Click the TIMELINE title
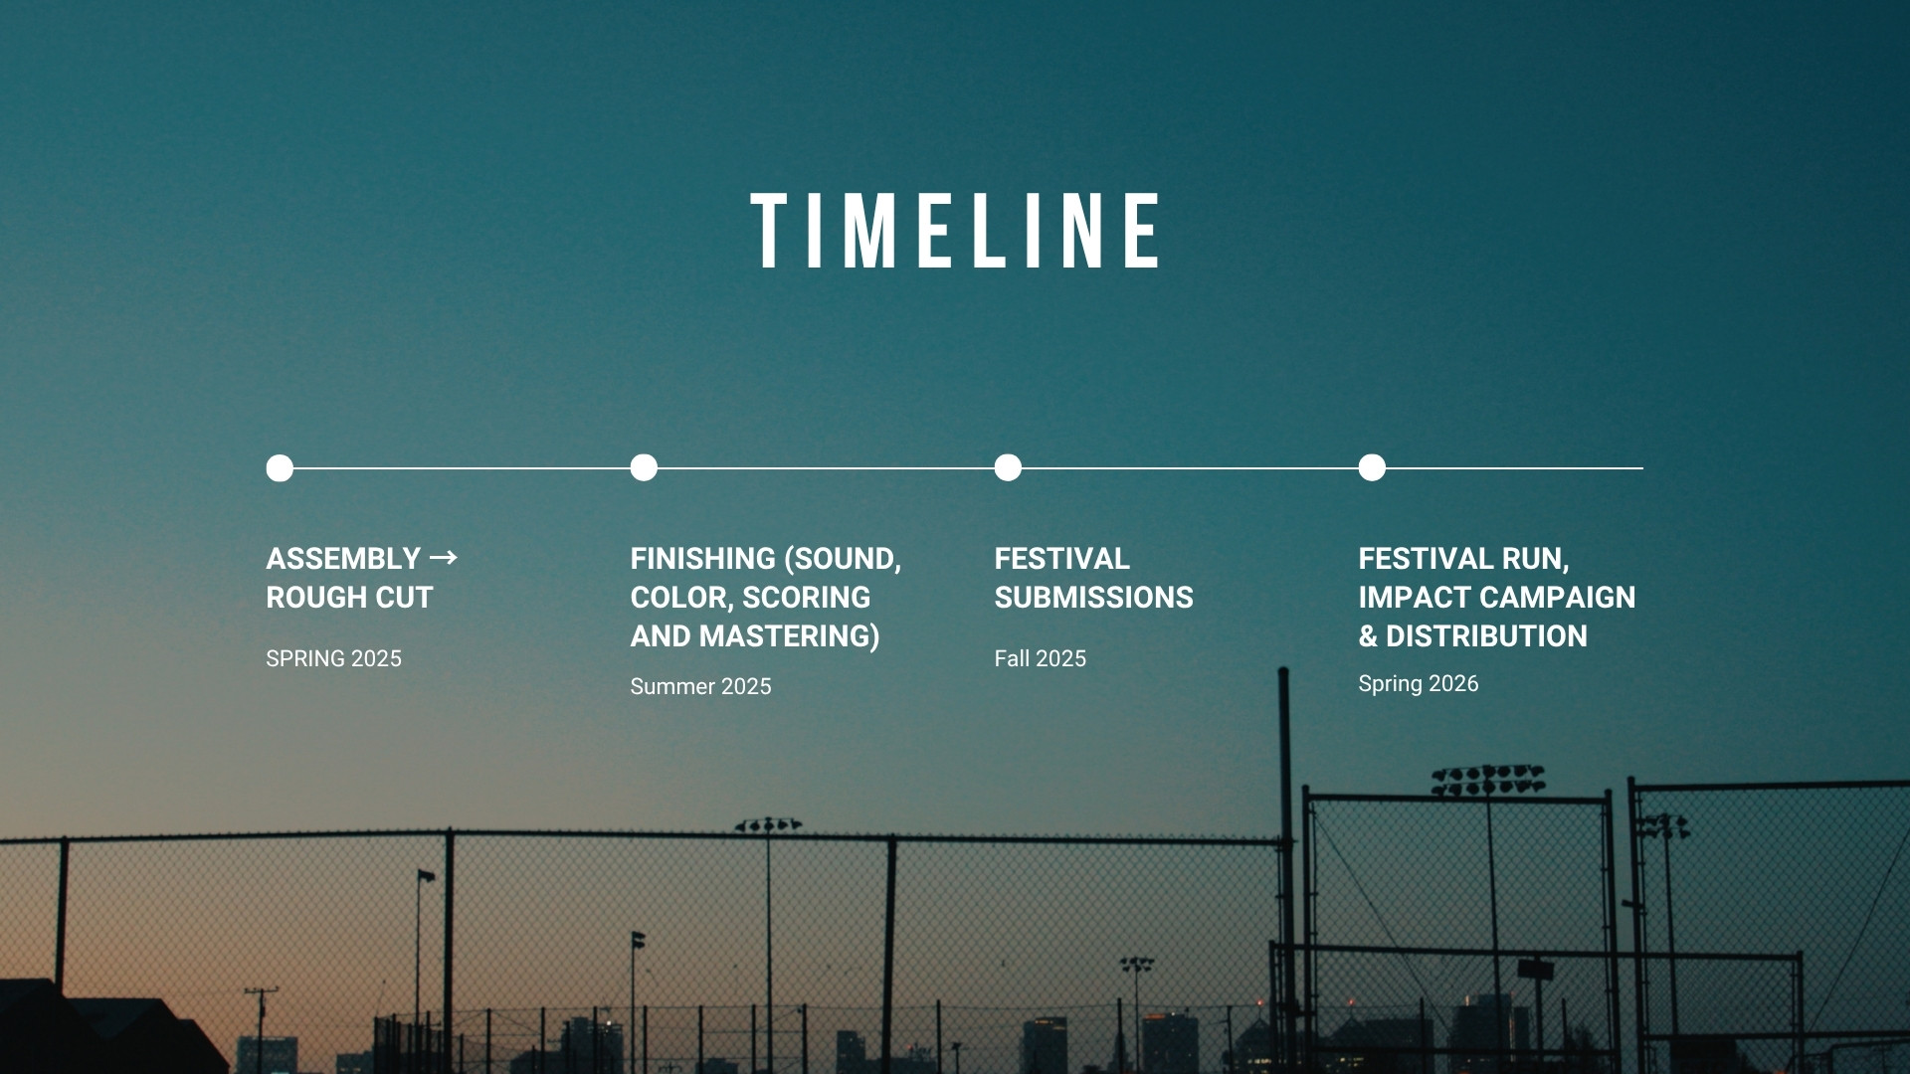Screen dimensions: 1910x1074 tap(955, 231)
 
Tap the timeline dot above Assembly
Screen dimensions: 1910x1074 tap(280, 467)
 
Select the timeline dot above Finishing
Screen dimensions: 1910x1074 tap(644, 467)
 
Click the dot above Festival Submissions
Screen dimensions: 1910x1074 tap(1008, 467)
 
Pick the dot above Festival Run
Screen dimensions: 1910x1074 tap(1372, 467)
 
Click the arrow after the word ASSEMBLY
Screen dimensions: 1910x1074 tap(444, 557)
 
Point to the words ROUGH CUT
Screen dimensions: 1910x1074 tap(349, 598)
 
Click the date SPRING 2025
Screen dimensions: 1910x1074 tap(333, 658)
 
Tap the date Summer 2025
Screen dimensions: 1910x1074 tap(700, 686)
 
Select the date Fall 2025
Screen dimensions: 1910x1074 tap(1040, 658)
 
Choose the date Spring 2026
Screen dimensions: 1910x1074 tap(1418, 684)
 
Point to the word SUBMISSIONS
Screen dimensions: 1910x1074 tap(1093, 598)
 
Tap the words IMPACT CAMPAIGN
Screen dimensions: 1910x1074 tap(1496, 598)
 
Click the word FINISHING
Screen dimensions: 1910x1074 tap(702, 559)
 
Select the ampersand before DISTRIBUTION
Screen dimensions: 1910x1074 tap(1368, 636)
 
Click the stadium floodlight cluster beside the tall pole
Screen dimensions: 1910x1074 tap(1488, 780)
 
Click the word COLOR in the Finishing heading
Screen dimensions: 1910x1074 tap(678, 598)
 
